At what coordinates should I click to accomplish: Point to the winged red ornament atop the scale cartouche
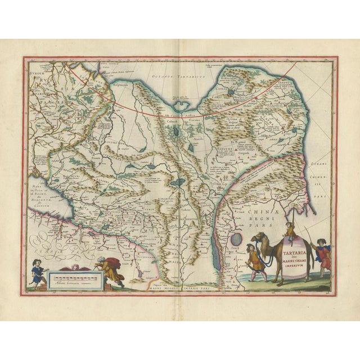[x=82, y=266]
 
